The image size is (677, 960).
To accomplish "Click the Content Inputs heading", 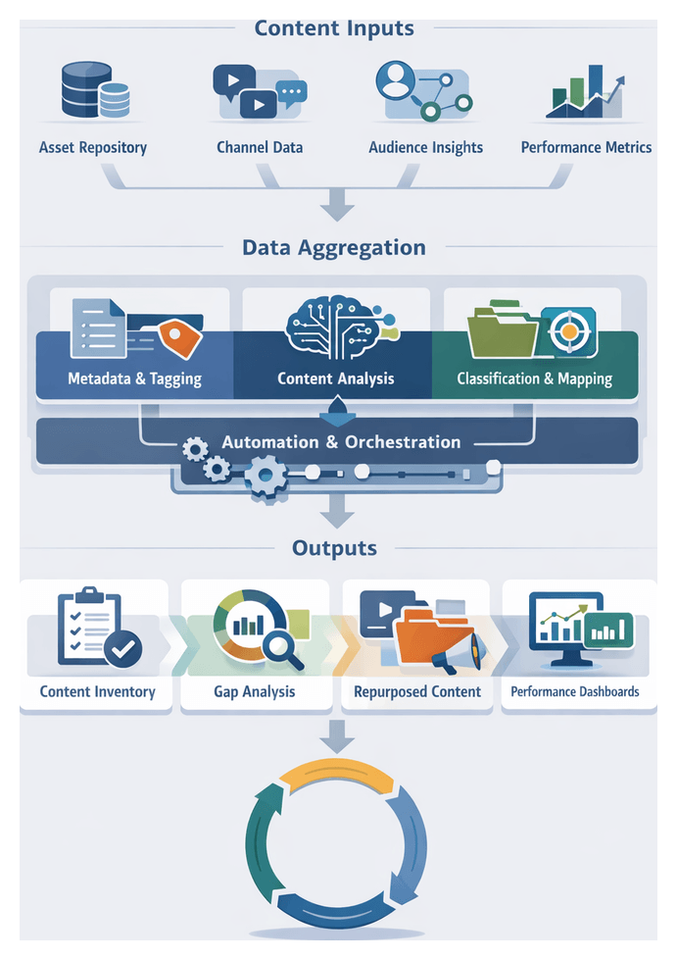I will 334,27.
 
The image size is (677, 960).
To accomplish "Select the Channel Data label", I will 260,148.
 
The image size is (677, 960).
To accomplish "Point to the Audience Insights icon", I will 421,91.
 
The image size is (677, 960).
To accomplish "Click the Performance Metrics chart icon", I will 585,92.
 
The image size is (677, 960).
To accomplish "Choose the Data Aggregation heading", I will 334,247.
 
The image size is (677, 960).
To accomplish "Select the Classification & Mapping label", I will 534,379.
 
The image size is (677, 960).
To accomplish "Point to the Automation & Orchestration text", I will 340,442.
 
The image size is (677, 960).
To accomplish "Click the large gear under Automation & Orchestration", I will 264,478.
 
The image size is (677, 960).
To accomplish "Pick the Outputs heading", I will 334,548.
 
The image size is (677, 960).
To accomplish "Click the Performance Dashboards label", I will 575,692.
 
